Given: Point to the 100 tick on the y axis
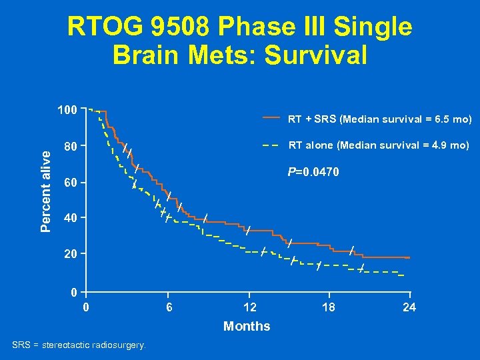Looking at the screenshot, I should click(67, 109).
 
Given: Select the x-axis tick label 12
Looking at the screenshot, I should click(248, 307).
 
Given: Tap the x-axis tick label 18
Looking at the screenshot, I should click(328, 307).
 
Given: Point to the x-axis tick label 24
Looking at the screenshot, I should click(409, 307).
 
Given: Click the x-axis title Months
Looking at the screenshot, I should click(247, 326).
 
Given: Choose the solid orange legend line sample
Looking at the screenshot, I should click(270, 117).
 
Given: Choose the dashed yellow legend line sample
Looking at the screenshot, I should click(270, 145).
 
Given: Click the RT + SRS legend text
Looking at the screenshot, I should click(379, 120).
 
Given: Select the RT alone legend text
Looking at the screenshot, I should click(378, 145).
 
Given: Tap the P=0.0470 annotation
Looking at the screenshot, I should click(313, 173).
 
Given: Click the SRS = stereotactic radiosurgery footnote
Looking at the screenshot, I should click(81, 345).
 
